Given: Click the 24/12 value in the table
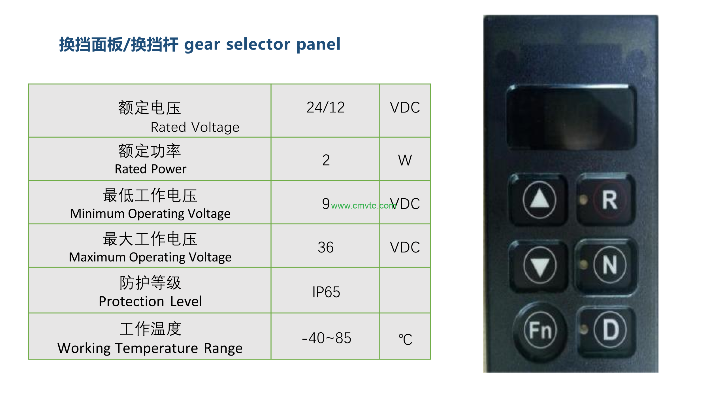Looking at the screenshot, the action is point(325,107).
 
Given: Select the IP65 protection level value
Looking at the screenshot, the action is point(326,292).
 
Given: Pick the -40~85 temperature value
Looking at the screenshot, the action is point(326,338).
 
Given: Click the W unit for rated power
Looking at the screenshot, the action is point(405,160).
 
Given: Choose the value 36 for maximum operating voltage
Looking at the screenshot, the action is point(326,247).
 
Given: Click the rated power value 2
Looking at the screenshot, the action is point(326,160).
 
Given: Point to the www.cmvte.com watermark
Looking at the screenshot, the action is point(364,205).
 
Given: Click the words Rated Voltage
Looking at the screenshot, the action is point(195,127).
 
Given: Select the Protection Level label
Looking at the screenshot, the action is point(150,301).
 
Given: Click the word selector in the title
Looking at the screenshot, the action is point(258,44).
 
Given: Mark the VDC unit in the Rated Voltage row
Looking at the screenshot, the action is point(405,107).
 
